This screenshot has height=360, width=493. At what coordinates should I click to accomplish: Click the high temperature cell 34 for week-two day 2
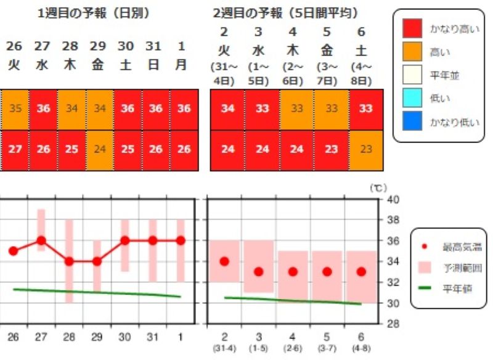[227, 109]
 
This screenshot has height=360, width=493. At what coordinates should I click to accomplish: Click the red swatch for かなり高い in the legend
[412, 28]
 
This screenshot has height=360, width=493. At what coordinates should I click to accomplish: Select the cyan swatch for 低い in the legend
[412, 99]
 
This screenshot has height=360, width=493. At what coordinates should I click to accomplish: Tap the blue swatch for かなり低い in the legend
[412, 122]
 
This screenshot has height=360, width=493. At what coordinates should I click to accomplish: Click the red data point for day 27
[41, 240]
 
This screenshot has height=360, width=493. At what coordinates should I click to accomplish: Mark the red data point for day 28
[69, 261]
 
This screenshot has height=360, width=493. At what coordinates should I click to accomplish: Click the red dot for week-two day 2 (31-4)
[224, 261]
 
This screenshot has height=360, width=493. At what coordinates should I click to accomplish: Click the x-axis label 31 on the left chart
[153, 337]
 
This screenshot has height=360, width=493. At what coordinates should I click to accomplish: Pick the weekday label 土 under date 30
[125, 65]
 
